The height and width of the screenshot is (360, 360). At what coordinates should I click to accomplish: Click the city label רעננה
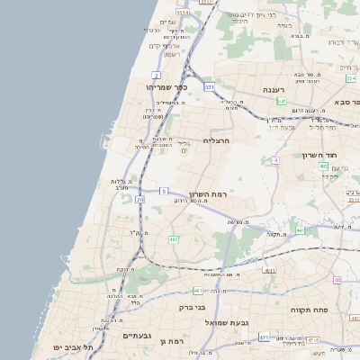click(274, 90)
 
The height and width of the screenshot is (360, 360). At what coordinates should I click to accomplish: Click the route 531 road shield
click(210, 87)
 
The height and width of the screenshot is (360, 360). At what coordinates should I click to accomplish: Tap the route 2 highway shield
click(157, 75)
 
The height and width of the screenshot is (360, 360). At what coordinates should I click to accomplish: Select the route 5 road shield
click(164, 191)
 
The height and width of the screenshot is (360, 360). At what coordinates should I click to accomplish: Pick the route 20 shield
click(139, 199)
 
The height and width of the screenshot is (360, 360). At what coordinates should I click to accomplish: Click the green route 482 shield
click(173, 239)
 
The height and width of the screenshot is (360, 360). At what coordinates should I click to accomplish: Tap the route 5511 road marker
click(183, 13)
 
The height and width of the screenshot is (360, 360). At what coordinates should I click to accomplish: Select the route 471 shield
click(264, 337)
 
